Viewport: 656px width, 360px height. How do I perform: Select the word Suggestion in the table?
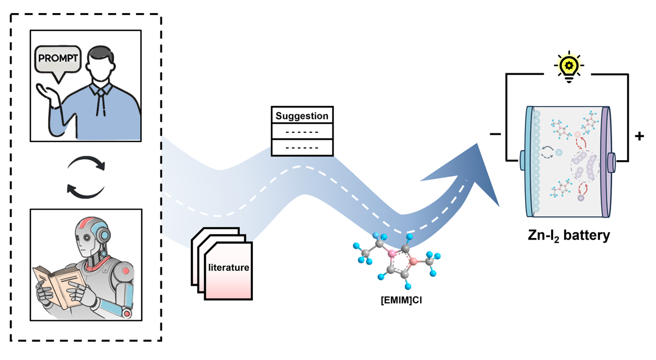[302, 116]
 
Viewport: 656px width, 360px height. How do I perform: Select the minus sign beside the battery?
[495, 134]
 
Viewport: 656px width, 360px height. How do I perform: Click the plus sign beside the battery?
[639, 136]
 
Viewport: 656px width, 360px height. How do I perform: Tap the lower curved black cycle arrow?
[85, 190]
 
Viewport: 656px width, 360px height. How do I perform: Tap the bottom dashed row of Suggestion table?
[302, 147]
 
